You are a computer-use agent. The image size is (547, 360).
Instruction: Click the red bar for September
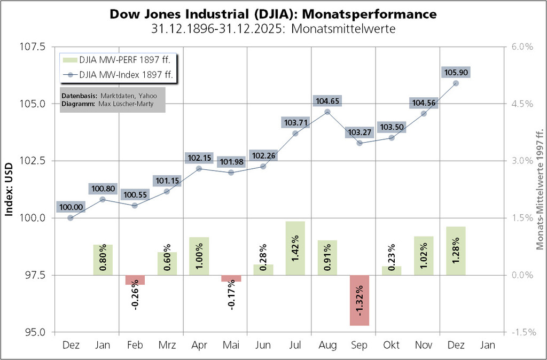pos(360,300)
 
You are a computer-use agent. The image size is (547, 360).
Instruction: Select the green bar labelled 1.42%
pos(295,248)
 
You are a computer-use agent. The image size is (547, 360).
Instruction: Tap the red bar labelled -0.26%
pos(135,280)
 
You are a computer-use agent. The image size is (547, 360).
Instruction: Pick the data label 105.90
pos(456,73)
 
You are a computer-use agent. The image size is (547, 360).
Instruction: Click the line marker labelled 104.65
pos(327,112)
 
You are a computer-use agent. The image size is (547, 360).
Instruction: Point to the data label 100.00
pos(71,207)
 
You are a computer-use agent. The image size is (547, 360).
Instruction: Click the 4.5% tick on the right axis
pos(522,104)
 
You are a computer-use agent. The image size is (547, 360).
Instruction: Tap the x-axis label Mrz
pos(167,345)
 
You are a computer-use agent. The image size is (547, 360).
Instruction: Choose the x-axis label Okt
pos(392,345)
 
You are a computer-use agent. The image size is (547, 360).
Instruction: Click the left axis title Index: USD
pos(9,189)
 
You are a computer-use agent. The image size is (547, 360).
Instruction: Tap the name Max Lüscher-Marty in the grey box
pos(126,104)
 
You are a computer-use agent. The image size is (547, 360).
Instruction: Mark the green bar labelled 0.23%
pos(392,270)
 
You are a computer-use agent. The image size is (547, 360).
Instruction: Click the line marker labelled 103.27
pos(360,143)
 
